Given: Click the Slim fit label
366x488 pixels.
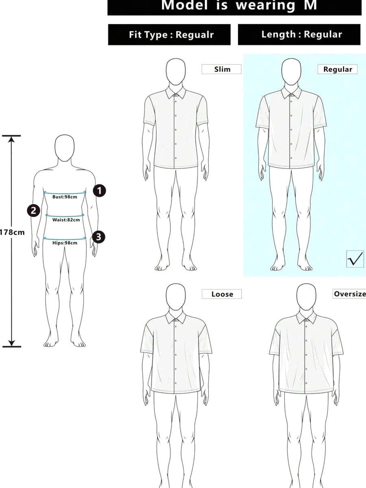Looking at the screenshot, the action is [x=221, y=69].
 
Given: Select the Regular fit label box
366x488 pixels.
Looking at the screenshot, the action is [x=338, y=69].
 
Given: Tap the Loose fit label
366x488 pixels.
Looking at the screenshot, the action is [x=222, y=294].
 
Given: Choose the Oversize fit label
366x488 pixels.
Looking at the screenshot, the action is [x=349, y=294].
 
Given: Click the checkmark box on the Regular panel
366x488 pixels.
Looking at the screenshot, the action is [x=355, y=258].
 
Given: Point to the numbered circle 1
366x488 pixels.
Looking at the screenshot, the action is [x=99, y=190].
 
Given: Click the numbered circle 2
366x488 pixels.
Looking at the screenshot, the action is [x=33, y=210].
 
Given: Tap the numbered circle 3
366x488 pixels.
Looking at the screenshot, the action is [x=98, y=237].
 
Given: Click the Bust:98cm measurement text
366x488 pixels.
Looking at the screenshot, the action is [x=65, y=197].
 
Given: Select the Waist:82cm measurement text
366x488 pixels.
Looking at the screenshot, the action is [x=66, y=220].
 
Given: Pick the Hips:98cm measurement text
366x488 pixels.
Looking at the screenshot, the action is [x=65, y=243].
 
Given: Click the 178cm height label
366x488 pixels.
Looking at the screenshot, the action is [x=12, y=232].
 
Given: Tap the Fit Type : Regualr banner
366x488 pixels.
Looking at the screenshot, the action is [x=170, y=35].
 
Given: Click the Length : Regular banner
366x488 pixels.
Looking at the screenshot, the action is [x=299, y=35].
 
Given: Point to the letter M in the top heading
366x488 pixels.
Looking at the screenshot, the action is [x=310, y=5].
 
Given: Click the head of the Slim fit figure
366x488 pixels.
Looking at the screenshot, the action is [x=176, y=71].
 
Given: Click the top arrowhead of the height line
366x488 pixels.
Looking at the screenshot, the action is [x=11, y=139].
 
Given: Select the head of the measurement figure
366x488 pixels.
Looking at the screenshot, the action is [x=65, y=148].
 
